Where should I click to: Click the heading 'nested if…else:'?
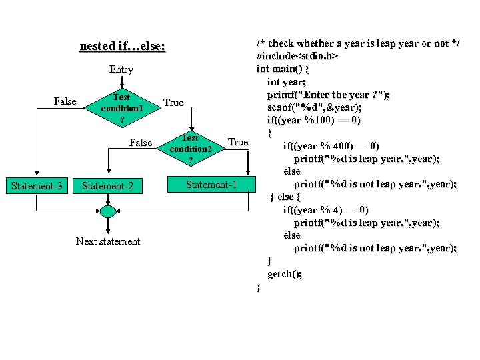click(122, 47)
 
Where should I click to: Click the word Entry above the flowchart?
click(121, 69)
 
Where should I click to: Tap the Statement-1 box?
click(211, 185)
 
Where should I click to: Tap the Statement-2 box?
click(107, 186)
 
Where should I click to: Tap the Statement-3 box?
click(37, 186)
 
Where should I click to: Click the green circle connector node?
click(108, 211)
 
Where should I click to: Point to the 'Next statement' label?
click(108, 241)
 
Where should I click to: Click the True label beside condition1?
click(173, 103)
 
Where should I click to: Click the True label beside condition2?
click(238, 142)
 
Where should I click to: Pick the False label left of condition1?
click(65, 101)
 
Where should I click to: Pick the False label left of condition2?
click(140, 143)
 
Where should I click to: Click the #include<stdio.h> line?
click(297, 56)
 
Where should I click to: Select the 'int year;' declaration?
click(286, 82)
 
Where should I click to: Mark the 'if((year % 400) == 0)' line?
click(331, 146)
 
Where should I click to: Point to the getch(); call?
click(285, 274)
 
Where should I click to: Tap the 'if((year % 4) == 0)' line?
click(325, 210)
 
